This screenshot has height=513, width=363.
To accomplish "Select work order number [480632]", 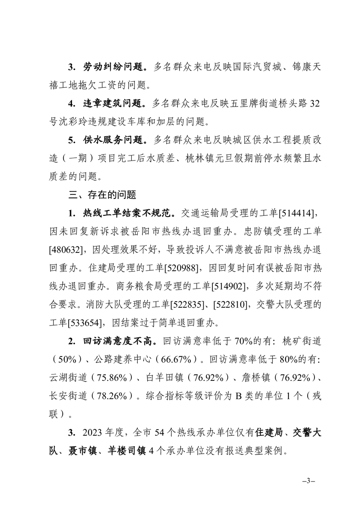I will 68,249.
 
